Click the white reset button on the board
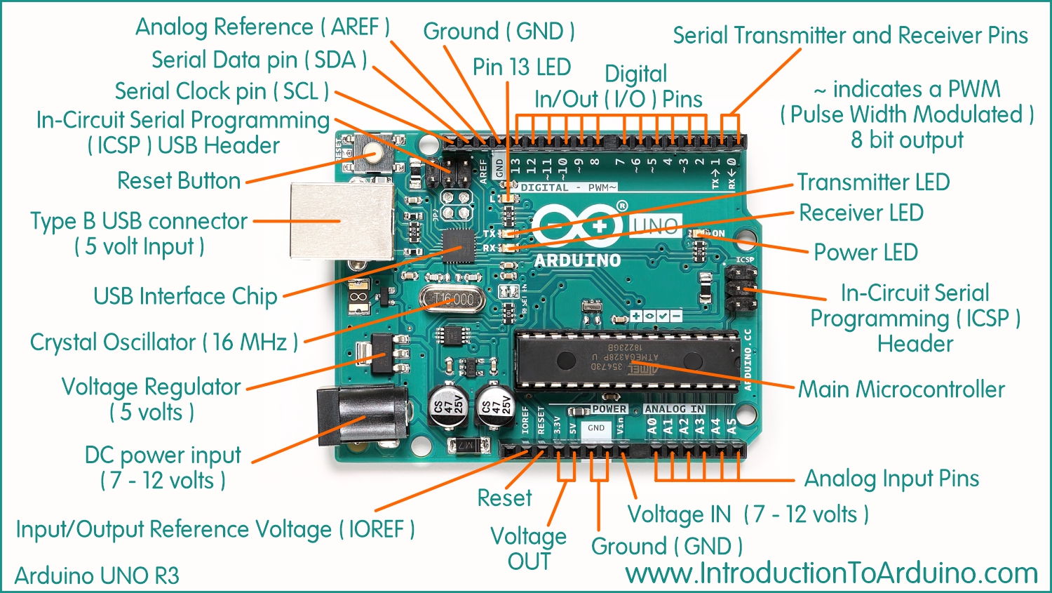coord(374,152)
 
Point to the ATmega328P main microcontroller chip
coord(626,359)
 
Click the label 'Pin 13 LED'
coord(521,67)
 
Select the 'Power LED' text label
coord(865,252)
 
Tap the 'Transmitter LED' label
coord(873,182)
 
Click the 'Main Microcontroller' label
coord(902,389)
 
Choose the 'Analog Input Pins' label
coord(891,479)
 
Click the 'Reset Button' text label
coord(179,181)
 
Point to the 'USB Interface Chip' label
coord(185,296)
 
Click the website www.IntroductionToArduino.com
coord(831,573)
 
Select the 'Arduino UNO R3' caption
coord(97,575)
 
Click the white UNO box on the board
coord(655,226)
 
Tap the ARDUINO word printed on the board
coord(577,260)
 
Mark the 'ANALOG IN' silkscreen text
coord(674,409)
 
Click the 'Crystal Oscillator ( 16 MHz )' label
coord(164,342)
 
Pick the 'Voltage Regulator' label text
coord(151,387)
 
